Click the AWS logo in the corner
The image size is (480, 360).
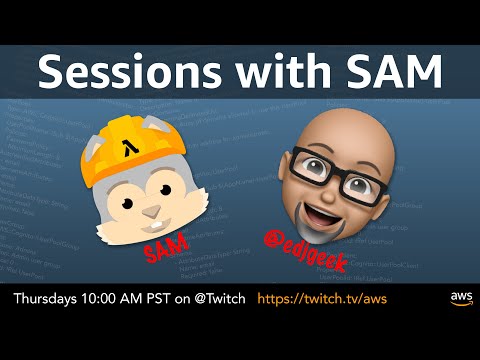(459, 299)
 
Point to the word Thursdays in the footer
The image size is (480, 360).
(49, 298)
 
